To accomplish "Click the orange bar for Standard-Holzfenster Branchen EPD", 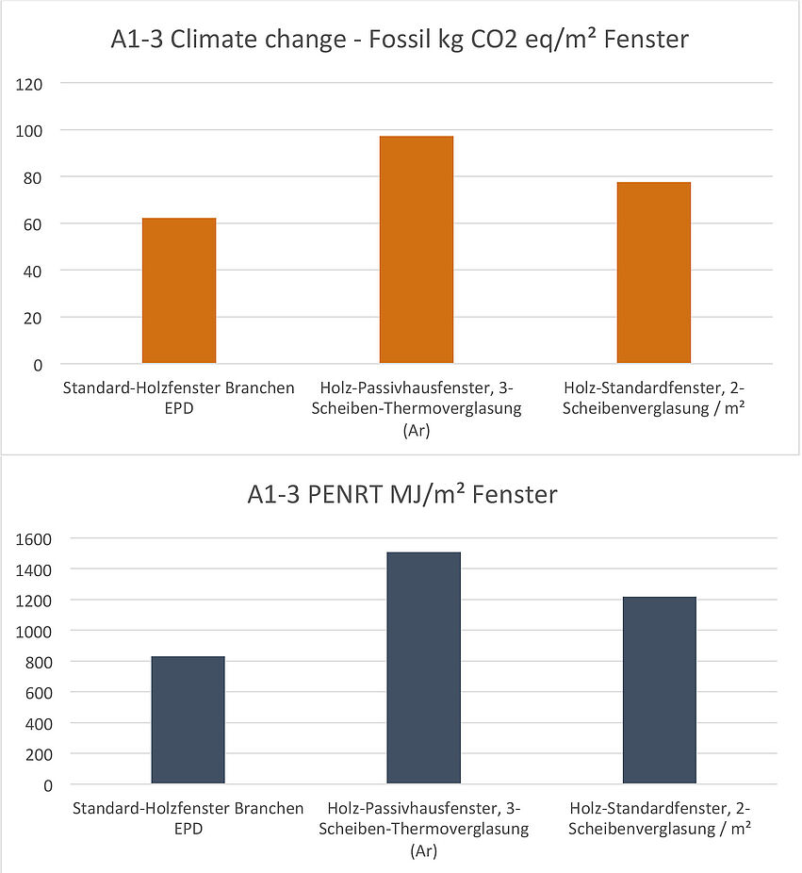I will (x=179, y=290).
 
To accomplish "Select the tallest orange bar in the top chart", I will (x=417, y=250).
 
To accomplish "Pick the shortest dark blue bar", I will (x=188, y=719).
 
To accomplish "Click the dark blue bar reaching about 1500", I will (x=423, y=667).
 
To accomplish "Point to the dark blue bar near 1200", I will (x=660, y=690).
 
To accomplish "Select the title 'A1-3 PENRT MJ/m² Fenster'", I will (x=402, y=494).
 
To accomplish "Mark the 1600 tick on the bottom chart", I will (x=34, y=539).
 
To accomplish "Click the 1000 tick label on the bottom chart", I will (x=34, y=632).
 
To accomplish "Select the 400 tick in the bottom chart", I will (x=38, y=724).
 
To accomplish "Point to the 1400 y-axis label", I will (x=34, y=570).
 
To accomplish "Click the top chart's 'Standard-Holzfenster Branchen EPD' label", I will (x=178, y=396).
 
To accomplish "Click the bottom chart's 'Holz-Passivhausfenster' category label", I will (x=423, y=829).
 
